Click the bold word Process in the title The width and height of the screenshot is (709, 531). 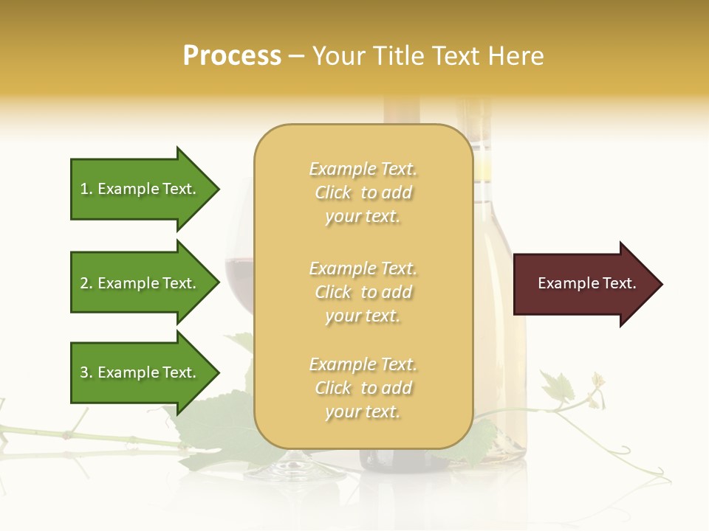[232, 56]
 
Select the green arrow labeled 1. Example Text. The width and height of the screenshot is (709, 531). [137, 189]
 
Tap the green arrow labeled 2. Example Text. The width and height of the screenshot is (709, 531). [137, 283]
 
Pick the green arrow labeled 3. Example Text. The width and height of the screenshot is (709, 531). [137, 372]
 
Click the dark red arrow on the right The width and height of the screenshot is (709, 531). [583, 284]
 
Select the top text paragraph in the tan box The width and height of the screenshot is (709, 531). [363, 192]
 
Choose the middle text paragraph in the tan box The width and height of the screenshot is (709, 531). [363, 292]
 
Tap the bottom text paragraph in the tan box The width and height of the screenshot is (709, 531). [363, 388]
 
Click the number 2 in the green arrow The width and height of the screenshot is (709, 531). [84, 283]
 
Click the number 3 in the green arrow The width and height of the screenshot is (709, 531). [84, 372]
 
